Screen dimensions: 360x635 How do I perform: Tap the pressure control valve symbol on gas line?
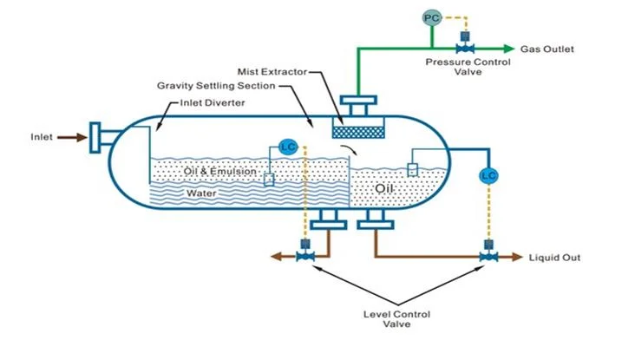(x=466, y=48)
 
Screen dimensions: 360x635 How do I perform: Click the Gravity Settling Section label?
(x=216, y=87)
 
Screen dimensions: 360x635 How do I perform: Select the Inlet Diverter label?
(x=213, y=103)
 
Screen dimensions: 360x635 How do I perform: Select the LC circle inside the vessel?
(x=289, y=147)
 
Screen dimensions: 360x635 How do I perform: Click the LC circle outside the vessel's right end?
(x=488, y=175)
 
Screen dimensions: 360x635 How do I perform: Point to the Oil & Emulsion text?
(x=220, y=172)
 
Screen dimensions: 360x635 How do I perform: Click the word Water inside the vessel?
(x=202, y=193)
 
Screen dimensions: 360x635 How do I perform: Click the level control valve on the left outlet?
(x=304, y=257)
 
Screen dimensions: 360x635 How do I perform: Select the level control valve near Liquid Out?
(x=488, y=257)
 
